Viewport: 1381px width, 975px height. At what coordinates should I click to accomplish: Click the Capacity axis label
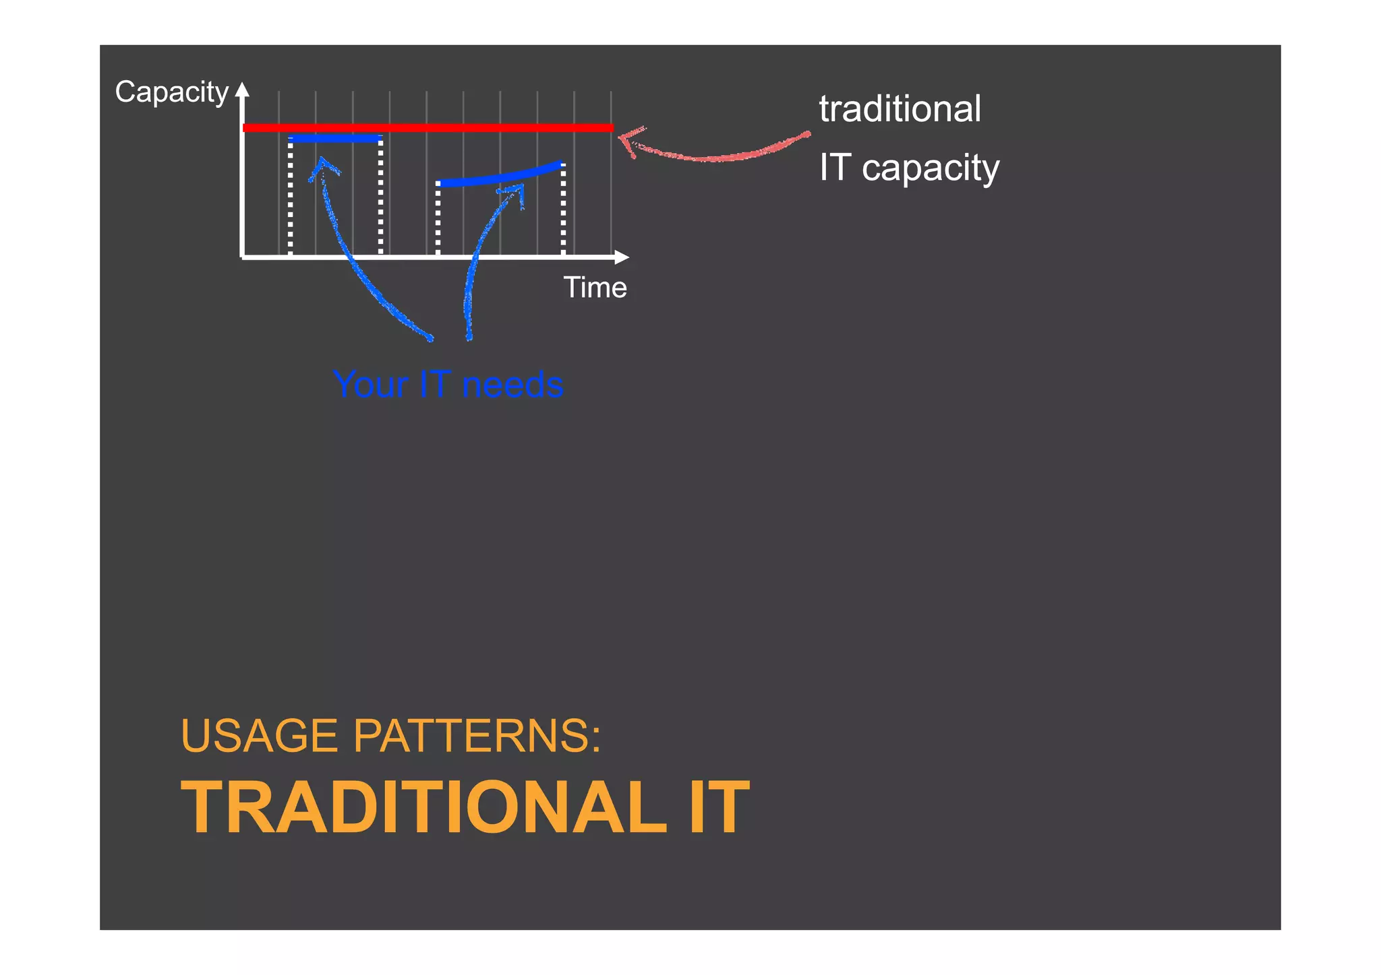pyautogui.click(x=171, y=93)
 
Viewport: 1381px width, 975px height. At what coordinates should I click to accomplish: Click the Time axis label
pyautogui.click(x=595, y=288)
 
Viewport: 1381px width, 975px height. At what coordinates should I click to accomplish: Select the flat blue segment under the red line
pyautogui.click(x=335, y=139)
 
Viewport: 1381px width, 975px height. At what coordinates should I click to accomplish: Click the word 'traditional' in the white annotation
pyautogui.click(x=900, y=109)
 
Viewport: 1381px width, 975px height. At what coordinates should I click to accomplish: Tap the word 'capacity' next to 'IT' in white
pyautogui.click(x=930, y=168)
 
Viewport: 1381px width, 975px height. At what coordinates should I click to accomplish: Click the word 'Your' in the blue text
pyautogui.click(x=370, y=385)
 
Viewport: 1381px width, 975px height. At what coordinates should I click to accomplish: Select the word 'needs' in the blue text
pyautogui.click(x=512, y=385)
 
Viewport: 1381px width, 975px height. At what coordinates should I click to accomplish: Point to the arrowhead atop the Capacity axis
pyautogui.click(x=242, y=92)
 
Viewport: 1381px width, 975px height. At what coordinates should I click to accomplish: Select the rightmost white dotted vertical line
pyautogui.click(x=563, y=209)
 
